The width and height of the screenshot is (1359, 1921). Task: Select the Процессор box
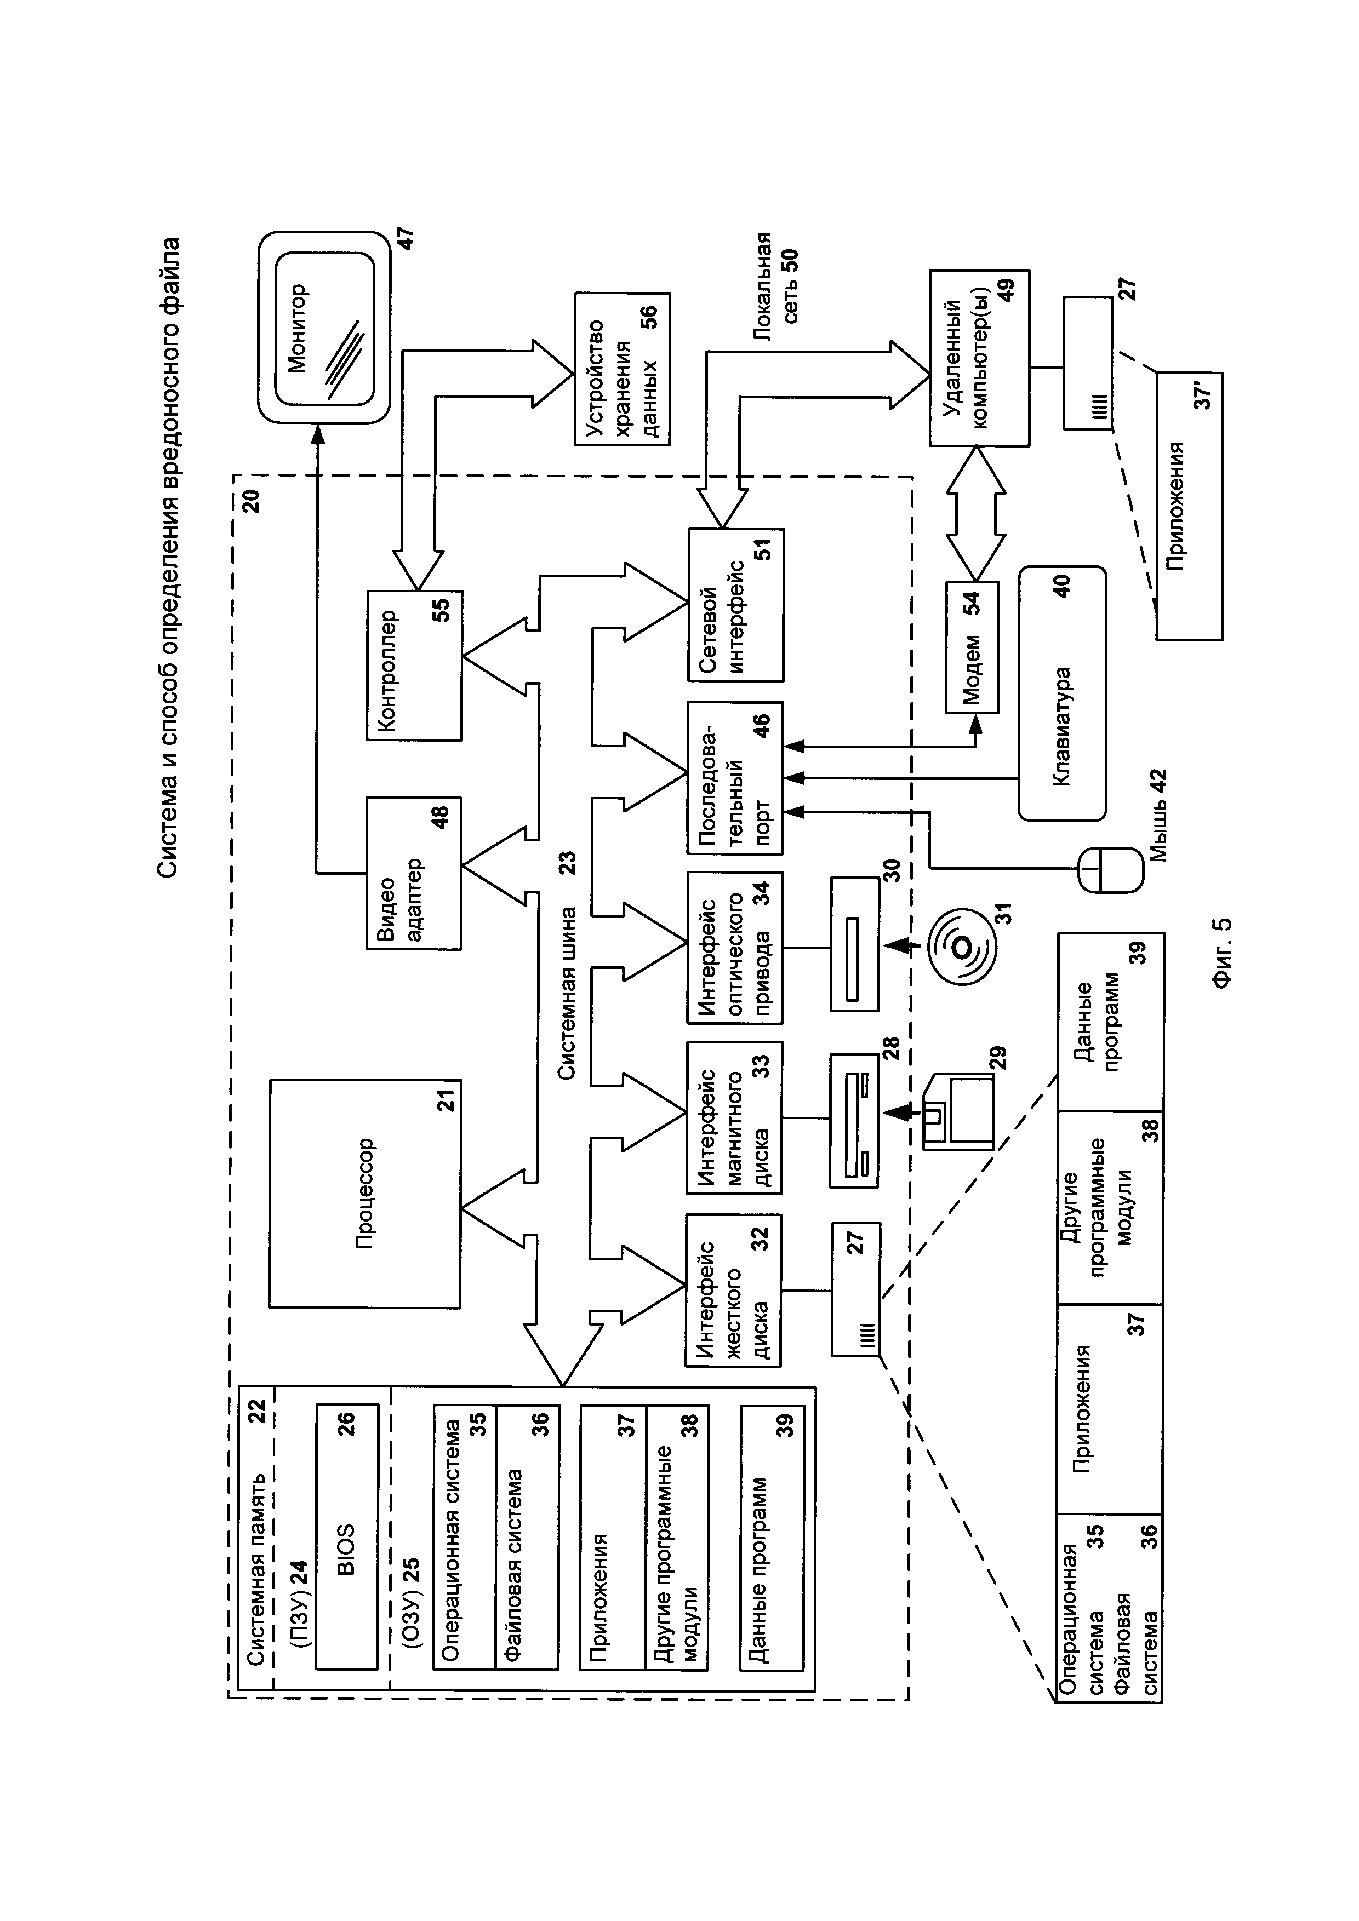(364, 1192)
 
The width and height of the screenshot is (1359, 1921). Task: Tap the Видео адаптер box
(413, 873)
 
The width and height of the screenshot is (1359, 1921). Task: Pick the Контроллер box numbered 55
(413, 665)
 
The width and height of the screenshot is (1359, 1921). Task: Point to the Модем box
(972, 647)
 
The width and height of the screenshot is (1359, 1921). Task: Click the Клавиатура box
(1061, 693)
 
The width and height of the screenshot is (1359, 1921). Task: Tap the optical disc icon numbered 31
(962, 947)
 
